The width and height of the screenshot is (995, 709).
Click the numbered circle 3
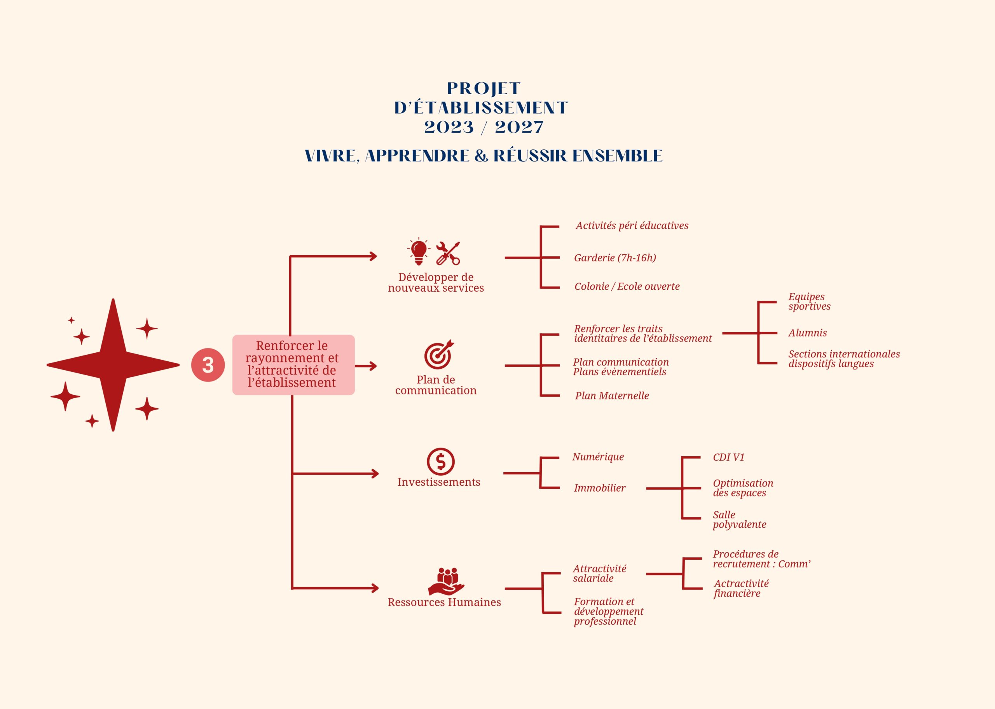(208, 365)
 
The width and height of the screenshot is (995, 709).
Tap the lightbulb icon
(419, 252)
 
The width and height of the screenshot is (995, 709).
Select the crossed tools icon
(448, 253)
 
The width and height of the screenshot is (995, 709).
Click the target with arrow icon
(439, 355)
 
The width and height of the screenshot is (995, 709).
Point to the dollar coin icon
(441, 462)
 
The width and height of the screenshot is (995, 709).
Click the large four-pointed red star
(113, 365)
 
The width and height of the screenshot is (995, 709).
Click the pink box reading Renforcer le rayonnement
(293, 364)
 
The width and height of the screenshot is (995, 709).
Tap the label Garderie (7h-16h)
(614, 258)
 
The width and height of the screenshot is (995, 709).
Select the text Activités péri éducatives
(632, 226)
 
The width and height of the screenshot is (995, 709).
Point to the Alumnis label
(807, 333)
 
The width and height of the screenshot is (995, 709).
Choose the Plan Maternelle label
(611, 396)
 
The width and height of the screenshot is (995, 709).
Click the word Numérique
(598, 457)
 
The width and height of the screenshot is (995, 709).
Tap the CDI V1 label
(728, 457)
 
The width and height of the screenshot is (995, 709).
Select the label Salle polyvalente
(739, 520)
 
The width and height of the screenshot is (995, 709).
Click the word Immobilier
(599, 488)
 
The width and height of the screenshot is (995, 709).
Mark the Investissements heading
(438, 482)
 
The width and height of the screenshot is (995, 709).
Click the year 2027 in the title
(519, 128)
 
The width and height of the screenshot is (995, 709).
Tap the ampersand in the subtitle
(481, 156)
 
